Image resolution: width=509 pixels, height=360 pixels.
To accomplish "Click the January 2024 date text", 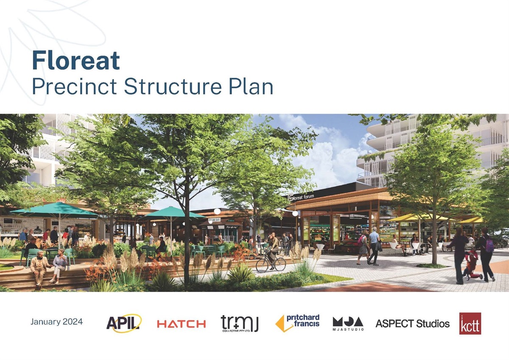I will tap(56, 322).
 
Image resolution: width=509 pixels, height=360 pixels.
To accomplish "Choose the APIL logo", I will tap(123, 323).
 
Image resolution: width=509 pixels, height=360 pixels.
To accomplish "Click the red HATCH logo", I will tap(181, 324).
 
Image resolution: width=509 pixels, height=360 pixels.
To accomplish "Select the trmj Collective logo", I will tap(240, 323).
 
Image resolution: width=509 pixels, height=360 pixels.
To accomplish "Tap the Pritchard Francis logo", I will tap(298, 323).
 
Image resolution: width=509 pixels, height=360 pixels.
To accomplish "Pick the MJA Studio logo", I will tap(348, 323).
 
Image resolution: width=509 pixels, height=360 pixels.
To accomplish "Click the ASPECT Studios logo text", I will tap(412, 323).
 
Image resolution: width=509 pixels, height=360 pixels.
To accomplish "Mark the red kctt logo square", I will tap(470, 323).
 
